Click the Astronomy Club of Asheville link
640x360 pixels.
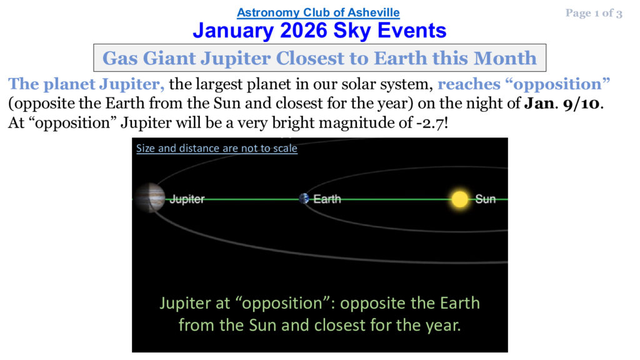coord(318,12)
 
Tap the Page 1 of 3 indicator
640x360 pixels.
coord(594,13)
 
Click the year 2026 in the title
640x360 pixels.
coord(304,31)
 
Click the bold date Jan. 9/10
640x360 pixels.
coord(562,103)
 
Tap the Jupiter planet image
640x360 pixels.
coord(150,198)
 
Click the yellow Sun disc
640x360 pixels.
coord(460,199)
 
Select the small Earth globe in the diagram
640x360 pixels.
coord(304,198)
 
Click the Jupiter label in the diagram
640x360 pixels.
coord(187,199)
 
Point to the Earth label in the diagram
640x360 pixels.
coord(327,199)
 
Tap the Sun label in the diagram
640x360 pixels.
coord(485,199)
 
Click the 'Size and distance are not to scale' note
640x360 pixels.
coord(217,148)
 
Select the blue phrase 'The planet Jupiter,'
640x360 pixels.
coord(86,84)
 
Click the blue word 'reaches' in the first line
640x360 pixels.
coord(469,84)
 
